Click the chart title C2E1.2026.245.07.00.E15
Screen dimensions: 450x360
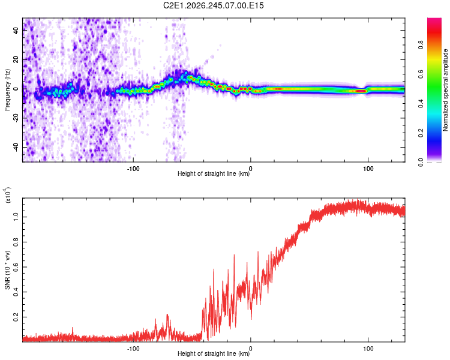point(213,5)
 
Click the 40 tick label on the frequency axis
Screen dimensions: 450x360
point(16,31)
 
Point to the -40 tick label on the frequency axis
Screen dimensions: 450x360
point(16,148)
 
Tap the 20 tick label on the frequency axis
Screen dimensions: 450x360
point(16,60)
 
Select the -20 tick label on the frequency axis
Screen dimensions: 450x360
point(16,118)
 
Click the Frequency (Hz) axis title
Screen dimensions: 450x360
point(7,90)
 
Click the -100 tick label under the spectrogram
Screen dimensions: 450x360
point(133,169)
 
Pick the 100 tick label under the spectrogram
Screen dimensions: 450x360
point(368,169)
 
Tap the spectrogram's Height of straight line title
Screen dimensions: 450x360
point(214,173)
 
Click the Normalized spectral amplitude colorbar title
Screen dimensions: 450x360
point(445,90)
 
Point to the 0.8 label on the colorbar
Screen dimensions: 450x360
point(421,45)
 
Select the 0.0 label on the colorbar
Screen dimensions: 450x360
point(421,162)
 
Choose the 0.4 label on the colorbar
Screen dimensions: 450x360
point(421,103)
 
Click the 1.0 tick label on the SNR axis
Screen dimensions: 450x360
point(16,217)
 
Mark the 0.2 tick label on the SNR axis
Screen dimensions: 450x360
point(16,317)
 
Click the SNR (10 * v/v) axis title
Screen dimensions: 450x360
point(7,270)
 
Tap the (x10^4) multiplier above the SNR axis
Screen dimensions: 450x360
point(7,195)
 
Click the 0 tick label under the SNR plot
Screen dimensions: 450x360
point(251,349)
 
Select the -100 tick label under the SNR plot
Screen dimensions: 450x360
point(133,349)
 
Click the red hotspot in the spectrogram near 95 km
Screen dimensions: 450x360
point(361,91)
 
